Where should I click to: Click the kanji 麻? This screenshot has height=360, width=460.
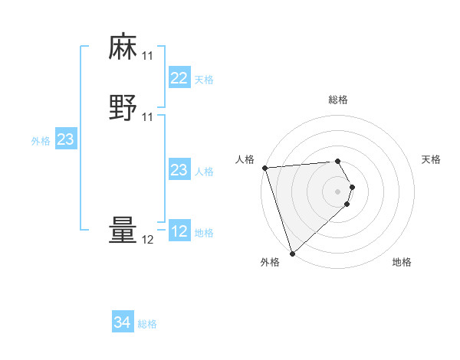click(x=123, y=47)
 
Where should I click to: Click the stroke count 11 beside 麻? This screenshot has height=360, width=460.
click(x=147, y=56)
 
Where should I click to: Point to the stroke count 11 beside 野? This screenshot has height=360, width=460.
click(x=147, y=117)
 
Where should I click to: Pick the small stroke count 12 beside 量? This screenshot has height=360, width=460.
click(x=147, y=240)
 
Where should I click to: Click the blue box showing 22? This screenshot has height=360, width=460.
click(x=179, y=78)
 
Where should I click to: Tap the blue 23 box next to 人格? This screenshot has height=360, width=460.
click(x=179, y=170)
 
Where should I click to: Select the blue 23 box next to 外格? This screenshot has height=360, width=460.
click(x=65, y=139)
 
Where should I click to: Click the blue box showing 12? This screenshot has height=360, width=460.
click(x=179, y=231)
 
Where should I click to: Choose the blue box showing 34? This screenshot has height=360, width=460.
click(x=123, y=322)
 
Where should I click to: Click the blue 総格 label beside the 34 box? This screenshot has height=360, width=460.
click(x=147, y=324)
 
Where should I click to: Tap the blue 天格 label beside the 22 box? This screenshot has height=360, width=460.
click(x=204, y=80)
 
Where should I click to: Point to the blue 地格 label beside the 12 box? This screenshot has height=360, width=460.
click(x=204, y=233)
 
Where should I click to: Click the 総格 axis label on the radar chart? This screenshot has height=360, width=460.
click(x=338, y=100)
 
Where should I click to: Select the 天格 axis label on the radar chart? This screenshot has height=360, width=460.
click(x=431, y=159)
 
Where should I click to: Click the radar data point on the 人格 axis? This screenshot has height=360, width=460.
click(x=264, y=168)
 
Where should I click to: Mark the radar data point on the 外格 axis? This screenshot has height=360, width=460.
click(x=292, y=252)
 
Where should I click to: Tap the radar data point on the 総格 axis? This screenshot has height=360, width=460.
click(x=338, y=161)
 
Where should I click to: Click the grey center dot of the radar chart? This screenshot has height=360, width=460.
click(x=338, y=191)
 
